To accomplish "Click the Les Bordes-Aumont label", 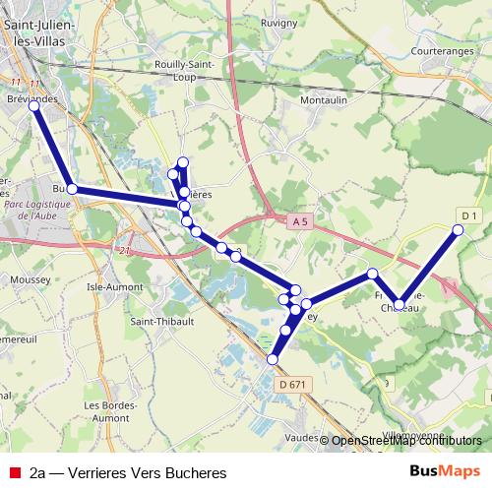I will (x=108, y=411).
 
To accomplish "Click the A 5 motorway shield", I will (x=301, y=222).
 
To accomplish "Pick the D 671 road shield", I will (x=292, y=384).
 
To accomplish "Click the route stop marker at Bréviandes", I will (x=34, y=104).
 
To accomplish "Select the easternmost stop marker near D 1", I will (x=458, y=230).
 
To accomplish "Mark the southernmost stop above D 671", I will (x=273, y=360).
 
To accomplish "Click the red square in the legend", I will (x=15, y=472).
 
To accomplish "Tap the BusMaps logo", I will (x=445, y=471).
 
